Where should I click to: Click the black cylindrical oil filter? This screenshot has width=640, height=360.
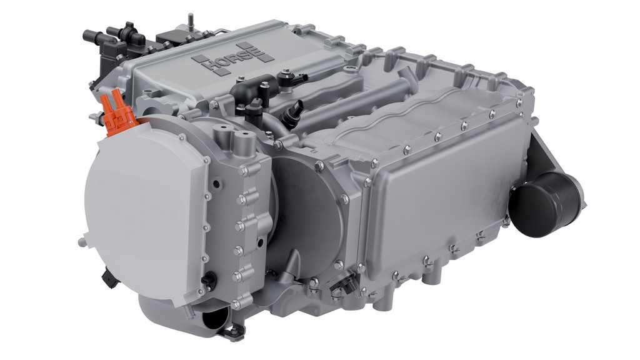pyautogui.click(x=546, y=204)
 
